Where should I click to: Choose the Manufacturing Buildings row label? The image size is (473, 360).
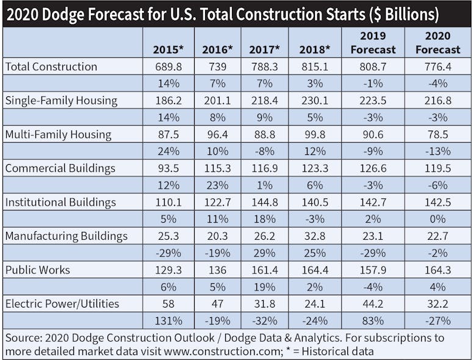coord(66,235)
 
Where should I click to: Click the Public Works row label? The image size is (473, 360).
coord(37,268)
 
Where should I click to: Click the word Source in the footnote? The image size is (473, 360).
coord(23,337)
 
